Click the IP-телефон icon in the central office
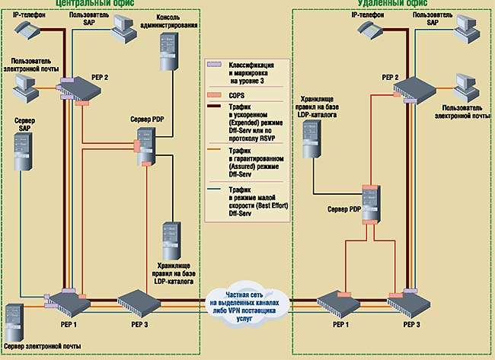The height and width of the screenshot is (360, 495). point(28,30)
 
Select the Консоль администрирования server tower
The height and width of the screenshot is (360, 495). point(166,51)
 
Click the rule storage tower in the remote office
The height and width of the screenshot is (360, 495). point(312,139)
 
